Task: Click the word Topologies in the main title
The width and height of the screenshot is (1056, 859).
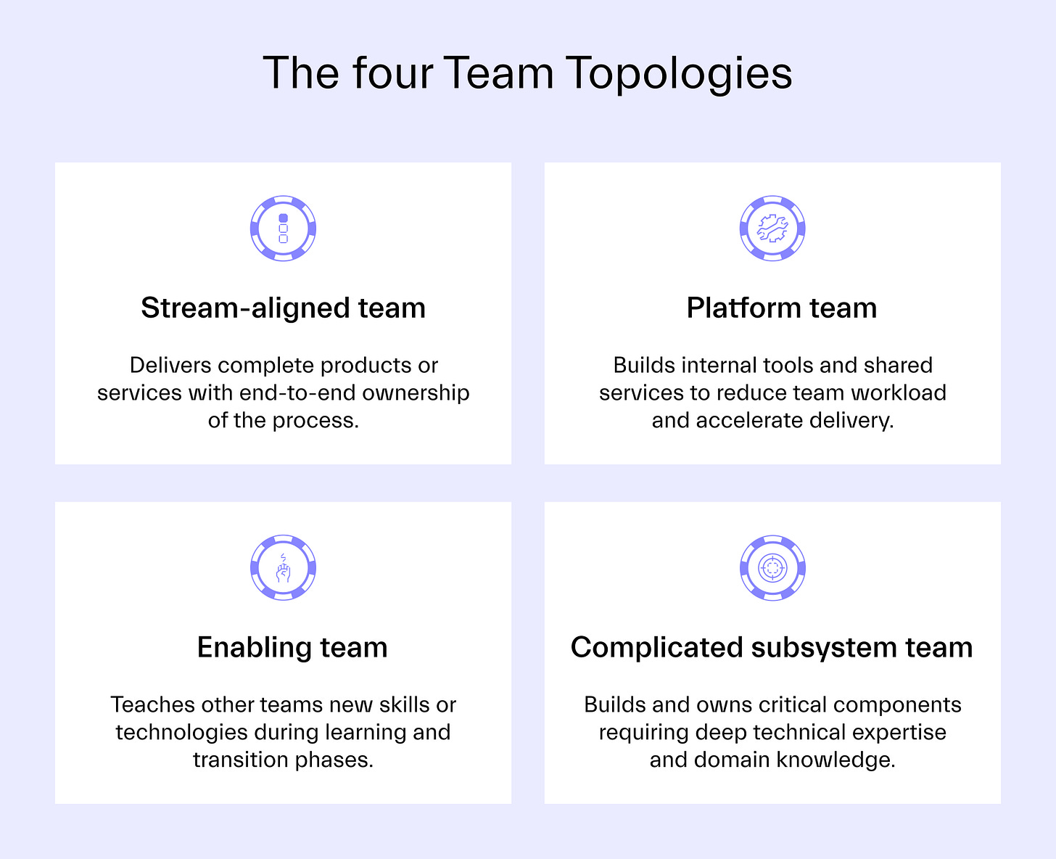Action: (x=678, y=74)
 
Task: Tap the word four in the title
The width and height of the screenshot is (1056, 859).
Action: (x=392, y=74)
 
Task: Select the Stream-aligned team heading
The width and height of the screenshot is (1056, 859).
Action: (x=283, y=308)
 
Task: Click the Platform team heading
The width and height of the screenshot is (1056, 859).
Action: (x=781, y=308)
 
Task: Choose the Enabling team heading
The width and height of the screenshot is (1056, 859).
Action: (x=292, y=647)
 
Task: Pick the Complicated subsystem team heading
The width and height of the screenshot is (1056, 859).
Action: (x=772, y=647)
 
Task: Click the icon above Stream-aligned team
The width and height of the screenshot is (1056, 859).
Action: (x=283, y=229)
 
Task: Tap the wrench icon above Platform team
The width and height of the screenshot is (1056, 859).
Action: (x=772, y=229)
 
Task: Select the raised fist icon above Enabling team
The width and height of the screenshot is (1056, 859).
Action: (x=283, y=568)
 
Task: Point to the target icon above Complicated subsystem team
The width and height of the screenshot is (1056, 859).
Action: (x=772, y=568)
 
